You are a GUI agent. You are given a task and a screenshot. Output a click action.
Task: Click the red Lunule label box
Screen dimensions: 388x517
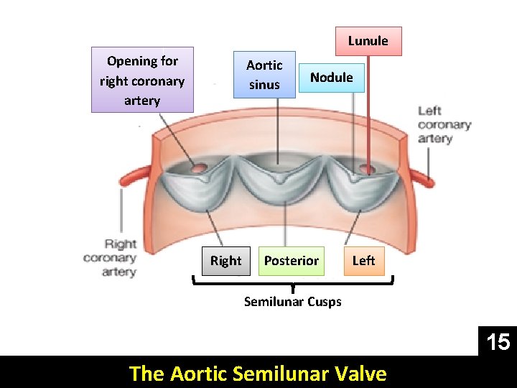pyautogui.click(x=368, y=41)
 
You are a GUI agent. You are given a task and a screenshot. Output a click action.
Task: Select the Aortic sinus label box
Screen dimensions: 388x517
pyautogui.click(x=264, y=75)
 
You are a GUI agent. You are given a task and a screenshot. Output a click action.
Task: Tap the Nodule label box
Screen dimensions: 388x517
pyautogui.click(x=331, y=78)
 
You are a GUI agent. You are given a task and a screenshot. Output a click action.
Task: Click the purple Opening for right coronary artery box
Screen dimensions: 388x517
pyautogui.click(x=142, y=80)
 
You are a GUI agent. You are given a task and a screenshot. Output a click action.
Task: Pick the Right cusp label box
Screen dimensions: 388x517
pyautogui.click(x=225, y=261)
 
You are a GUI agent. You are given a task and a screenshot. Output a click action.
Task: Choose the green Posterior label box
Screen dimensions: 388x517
pyautogui.click(x=291, y=261)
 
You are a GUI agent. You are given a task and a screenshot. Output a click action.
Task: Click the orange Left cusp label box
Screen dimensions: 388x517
pyautogui.click(x=363, y=261)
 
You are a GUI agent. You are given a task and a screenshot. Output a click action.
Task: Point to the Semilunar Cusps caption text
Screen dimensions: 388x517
pyautogui.click(x=292, y=302)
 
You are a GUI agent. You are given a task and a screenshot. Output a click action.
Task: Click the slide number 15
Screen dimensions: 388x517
pyautogui.click(x=498, y=342)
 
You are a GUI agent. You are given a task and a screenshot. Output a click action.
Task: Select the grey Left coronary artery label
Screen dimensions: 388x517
pyautogui.click(x=444, y=124)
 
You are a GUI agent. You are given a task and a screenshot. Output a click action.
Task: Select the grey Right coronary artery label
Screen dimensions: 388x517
pyautogui.click(x=110, y=258)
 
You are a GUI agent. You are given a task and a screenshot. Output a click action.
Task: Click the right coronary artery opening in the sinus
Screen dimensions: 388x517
pyautogui.click(x=197, y=169)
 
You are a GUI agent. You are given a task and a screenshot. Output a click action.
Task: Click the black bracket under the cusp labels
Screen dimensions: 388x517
pyautogui.click(x=294, y=285)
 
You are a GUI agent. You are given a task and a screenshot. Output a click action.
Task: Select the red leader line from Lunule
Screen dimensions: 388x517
pyautogui.click(x=368, y=108)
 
